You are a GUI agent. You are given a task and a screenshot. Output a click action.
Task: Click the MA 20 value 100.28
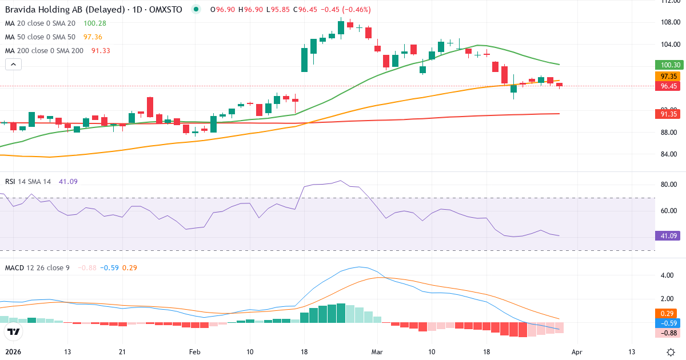point(95,23)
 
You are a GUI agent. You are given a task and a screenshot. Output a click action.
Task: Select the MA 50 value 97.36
point(93,37)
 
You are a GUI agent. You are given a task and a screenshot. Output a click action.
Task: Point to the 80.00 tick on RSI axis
point(669,185)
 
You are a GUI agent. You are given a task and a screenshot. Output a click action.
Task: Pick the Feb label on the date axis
point(196,352)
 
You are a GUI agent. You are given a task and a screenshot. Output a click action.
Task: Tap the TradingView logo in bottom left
point(13,332)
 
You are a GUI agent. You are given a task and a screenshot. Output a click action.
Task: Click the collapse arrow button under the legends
point(13,65)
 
